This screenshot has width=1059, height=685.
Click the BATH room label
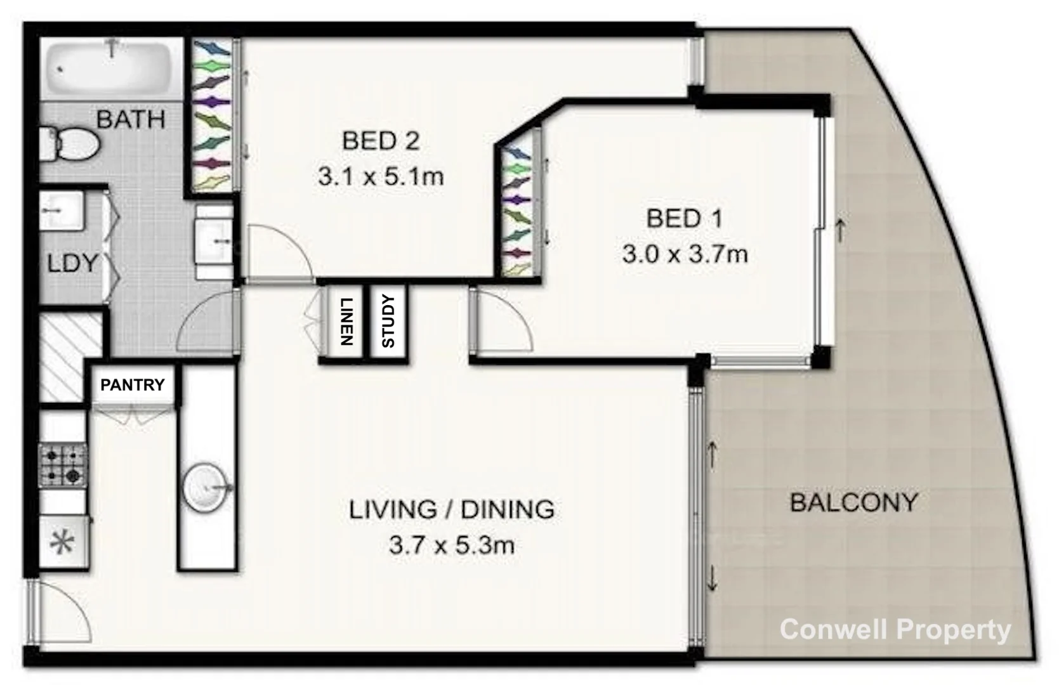point(131,119)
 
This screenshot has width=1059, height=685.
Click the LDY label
point(72,263)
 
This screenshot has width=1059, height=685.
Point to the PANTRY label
point(132,385)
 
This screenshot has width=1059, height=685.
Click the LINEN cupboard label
point(346,322)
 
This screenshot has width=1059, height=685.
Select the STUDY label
point(388,322)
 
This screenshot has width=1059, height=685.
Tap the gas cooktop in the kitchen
point(62,465)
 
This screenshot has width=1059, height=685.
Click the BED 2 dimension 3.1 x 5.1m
point(381,176)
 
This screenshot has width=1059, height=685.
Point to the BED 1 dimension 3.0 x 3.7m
point(685,254)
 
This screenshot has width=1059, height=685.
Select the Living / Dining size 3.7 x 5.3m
point(451,545)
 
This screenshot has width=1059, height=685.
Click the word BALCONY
point(853,503)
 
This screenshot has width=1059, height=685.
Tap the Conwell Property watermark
point(895,630)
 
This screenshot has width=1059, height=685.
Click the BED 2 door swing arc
point(279,251)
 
